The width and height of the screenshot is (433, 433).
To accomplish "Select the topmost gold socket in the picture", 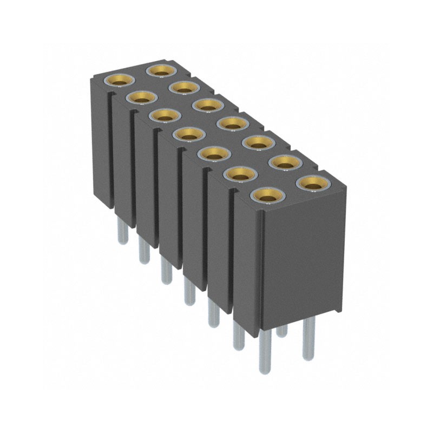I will [x=161, y=70].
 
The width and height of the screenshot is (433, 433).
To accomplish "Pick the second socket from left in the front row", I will [x=142, y=99].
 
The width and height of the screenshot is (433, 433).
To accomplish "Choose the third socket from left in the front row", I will [x=165, y=115].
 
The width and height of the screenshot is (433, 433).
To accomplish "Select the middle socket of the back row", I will [x=232, y=124].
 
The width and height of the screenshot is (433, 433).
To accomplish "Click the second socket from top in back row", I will [x=184, y=87].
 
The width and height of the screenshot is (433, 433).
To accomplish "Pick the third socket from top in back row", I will [x=208, y=105].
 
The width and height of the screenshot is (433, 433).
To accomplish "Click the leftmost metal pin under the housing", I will [x=123, y=233].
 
